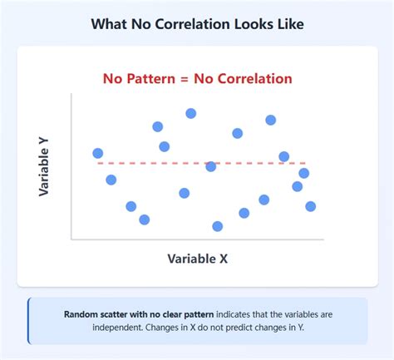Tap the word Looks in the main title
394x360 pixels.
[x=251, y=25]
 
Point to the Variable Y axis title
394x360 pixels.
[x=46, y=167]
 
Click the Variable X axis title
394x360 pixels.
[x=197, y=259]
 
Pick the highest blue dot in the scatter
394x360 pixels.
[x=191, y=113]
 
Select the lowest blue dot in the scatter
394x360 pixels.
[x=218, y=226]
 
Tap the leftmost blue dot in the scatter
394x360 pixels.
[x=98, y=153]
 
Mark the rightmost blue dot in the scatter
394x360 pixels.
[x=311, y=206]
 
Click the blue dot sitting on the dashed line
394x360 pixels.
[x=211, y=166]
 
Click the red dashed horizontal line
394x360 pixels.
[x=249, y=163]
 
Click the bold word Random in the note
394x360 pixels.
[x=82, y=314]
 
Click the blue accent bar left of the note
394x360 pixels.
[x=29, y=321]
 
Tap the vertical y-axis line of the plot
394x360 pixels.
[x=71, y=166]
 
